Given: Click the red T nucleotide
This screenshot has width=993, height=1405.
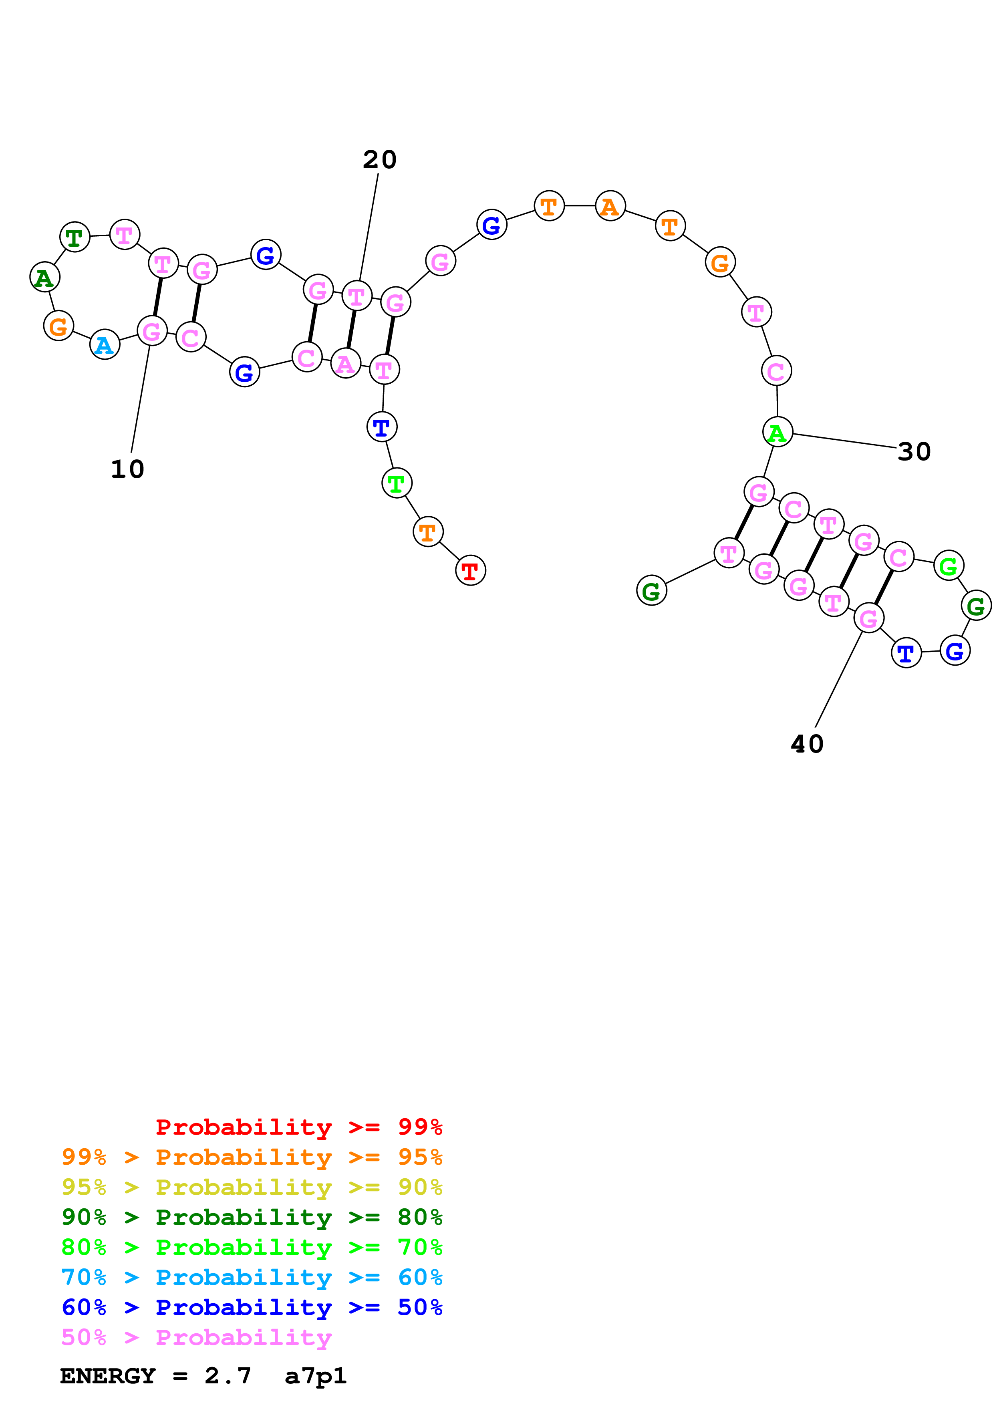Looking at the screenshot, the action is coord(470,570).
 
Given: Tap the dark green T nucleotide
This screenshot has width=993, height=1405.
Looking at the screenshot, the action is coord(75,237).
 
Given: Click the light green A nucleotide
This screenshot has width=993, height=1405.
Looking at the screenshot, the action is coord(777,432).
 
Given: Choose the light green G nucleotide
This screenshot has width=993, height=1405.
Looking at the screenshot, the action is coord(948,566).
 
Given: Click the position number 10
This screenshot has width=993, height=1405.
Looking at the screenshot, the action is coord(127,469).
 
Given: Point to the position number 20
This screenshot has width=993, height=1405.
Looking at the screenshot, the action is coord(379,160).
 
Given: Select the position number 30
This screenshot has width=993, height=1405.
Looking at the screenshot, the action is coord(914,452).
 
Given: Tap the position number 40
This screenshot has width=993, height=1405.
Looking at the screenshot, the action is coord(807,744).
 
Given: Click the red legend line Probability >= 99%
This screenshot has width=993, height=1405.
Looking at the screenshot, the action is coord(299,1127).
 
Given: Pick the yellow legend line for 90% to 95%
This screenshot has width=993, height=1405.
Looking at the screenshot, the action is coord(252,1187).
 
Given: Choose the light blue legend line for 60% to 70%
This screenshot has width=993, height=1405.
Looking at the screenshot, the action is coord(252,1277).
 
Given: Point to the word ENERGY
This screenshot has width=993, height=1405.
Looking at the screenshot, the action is coord(108,1376).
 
